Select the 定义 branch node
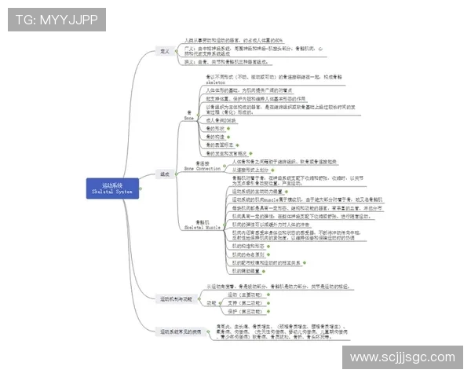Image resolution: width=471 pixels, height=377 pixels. click(x=165, y=49)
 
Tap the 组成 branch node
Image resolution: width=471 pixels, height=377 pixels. click(x=165, y=174)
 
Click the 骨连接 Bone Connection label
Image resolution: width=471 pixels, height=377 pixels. click(x=203, y=166)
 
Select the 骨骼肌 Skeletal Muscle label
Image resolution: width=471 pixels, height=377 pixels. click(x=203, y=224)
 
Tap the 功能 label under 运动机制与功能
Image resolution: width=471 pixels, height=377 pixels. click(x=210, y=302)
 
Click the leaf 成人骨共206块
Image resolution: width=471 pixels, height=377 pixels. click(x=224, y=120)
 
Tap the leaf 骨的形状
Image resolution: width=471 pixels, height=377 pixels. click(x=215, y=128)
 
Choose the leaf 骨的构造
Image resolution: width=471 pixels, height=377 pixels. click(x=215, y=137)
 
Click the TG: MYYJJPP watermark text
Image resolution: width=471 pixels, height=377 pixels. click(x=57, y=20)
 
